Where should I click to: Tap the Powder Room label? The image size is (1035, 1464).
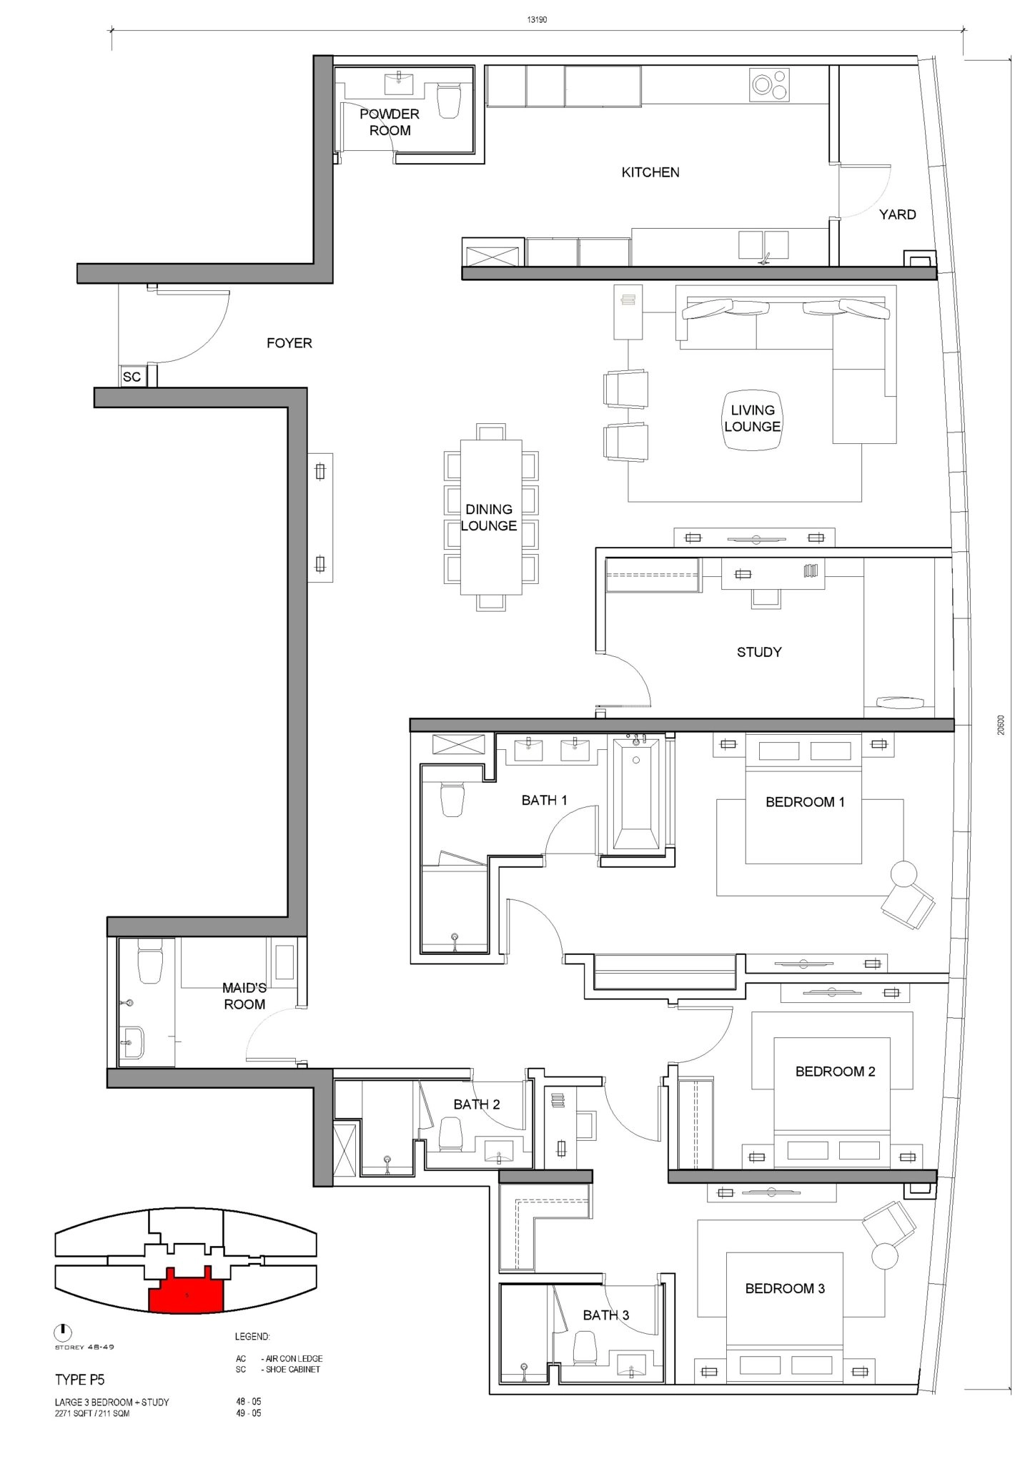[x=390, y=122]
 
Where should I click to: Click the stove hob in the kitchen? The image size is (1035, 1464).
[x=770, y=84]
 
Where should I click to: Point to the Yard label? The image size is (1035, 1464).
[x=897, y=214]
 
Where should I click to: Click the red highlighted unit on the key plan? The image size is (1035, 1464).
[x=186, y=1290]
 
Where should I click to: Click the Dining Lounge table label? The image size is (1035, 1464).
[x=489, y=518]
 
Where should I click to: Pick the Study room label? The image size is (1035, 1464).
[x=759, y=652]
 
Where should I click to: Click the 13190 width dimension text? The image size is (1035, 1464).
[x=537, y=20]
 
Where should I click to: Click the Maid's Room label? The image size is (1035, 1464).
[x=244, y=996]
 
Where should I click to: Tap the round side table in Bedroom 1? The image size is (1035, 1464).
[x=903, y=874]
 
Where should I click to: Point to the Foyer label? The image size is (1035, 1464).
[x=289, y=343]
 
